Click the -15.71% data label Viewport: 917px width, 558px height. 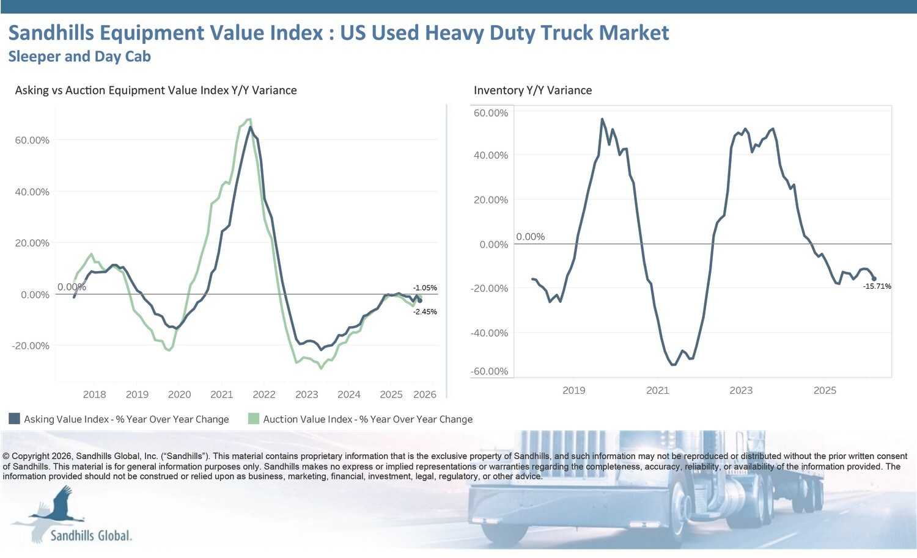(x=877, y=286)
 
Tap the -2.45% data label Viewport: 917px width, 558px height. (x=425, y=312)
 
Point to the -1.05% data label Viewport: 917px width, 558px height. (x=425, y=288)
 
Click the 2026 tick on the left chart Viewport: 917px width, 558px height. (x=424, y=394)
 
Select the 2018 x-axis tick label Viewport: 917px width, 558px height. (x=94, y=394)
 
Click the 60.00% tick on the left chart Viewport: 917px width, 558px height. (x=32, y=140)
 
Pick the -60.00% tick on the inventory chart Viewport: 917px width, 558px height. (x=489, y=371)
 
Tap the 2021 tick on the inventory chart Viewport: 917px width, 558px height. (x=657, y=390)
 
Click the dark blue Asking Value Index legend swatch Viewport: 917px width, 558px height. (x=14, y=419)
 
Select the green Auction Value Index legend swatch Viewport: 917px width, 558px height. (x=253, y=419)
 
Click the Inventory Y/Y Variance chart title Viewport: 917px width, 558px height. (x=532, y=90)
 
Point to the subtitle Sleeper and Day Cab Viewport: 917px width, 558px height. (x=79, y=56)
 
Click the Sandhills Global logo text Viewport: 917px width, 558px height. (x=90, y=535)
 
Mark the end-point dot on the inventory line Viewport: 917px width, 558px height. (x=874, y=278)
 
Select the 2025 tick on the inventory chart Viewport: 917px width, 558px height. (x=824, y=390)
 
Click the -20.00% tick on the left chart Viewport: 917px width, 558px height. (x=31, y=346)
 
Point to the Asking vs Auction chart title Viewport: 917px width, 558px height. (x=156, y=90)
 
